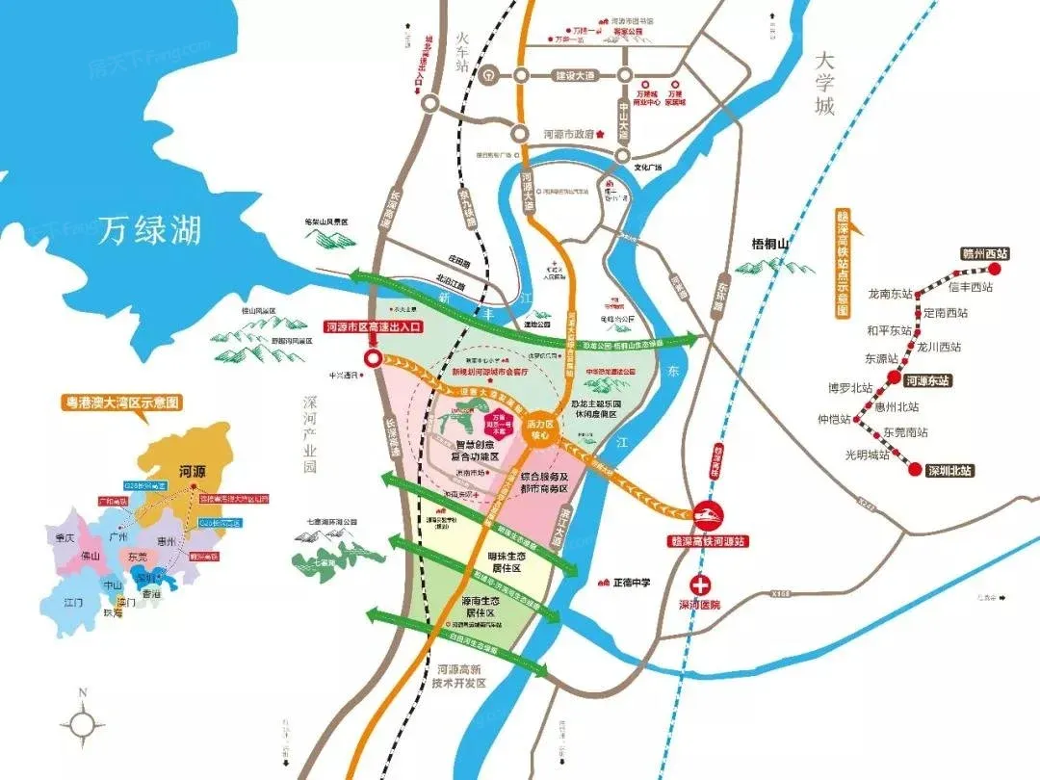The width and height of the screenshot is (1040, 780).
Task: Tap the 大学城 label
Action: point(823,83)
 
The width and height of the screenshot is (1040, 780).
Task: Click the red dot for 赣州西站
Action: point(996,270)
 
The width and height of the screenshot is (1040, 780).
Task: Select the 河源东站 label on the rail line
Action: point(926,380)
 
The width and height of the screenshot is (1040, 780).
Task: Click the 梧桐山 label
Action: point(769,245)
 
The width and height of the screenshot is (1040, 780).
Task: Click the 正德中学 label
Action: point(632,582)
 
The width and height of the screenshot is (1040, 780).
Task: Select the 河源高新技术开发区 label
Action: point(462,675)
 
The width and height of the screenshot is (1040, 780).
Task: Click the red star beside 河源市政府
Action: point(600,135)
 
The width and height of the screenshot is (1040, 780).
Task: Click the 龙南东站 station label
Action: point(891,293)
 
